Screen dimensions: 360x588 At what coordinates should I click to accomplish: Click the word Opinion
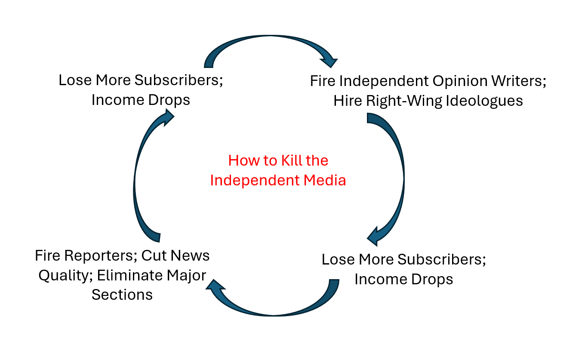click(x=460, y=81)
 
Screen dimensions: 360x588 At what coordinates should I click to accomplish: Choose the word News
click(x=191, y=255)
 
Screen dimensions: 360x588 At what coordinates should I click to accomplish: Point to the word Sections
click(x=122, y=295)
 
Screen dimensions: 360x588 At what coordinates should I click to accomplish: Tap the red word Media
click(x=325, y=180)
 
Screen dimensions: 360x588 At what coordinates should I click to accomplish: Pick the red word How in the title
click(x=242, y=160)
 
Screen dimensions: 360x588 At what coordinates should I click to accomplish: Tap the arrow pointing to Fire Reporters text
click(x=271, y=305)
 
